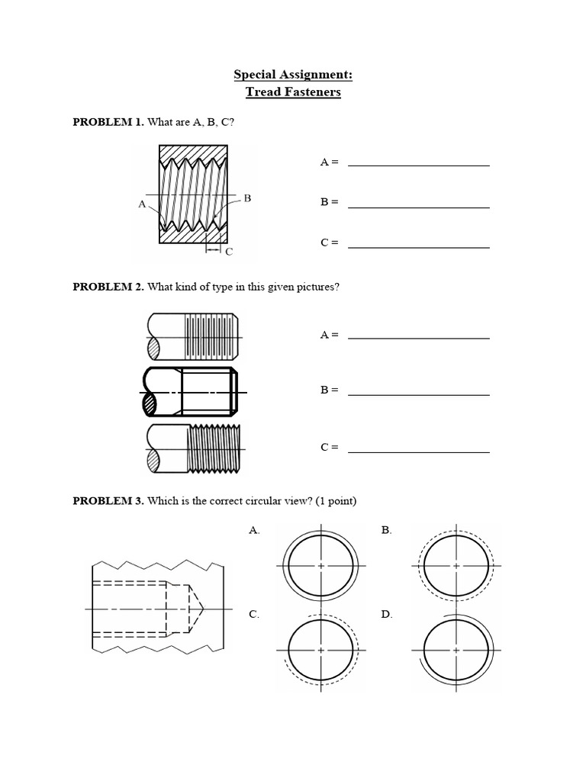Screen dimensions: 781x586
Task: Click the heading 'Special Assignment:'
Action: (x=292, y=76)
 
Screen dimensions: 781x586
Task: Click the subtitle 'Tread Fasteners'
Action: (x=292, y=92)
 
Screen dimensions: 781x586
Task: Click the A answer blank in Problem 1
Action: (x=418, y=163)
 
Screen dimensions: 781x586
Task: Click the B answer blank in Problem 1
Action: (x=418, y=205)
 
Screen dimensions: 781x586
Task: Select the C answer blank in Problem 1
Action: (x=418, y=246)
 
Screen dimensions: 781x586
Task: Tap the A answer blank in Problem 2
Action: (x=418, y=336)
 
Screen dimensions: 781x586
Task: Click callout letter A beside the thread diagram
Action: (x=142, y=204)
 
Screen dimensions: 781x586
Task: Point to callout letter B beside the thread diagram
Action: (x=247, y=198)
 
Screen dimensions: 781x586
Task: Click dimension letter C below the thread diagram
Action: (x=228, y=251)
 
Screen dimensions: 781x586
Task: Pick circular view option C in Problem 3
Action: (x=321, y=650)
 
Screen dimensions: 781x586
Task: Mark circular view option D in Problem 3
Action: (x=456, y=650)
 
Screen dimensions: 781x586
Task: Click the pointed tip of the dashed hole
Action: (x=204, y=608)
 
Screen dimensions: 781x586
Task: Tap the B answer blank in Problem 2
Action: (x=418, y=393)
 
